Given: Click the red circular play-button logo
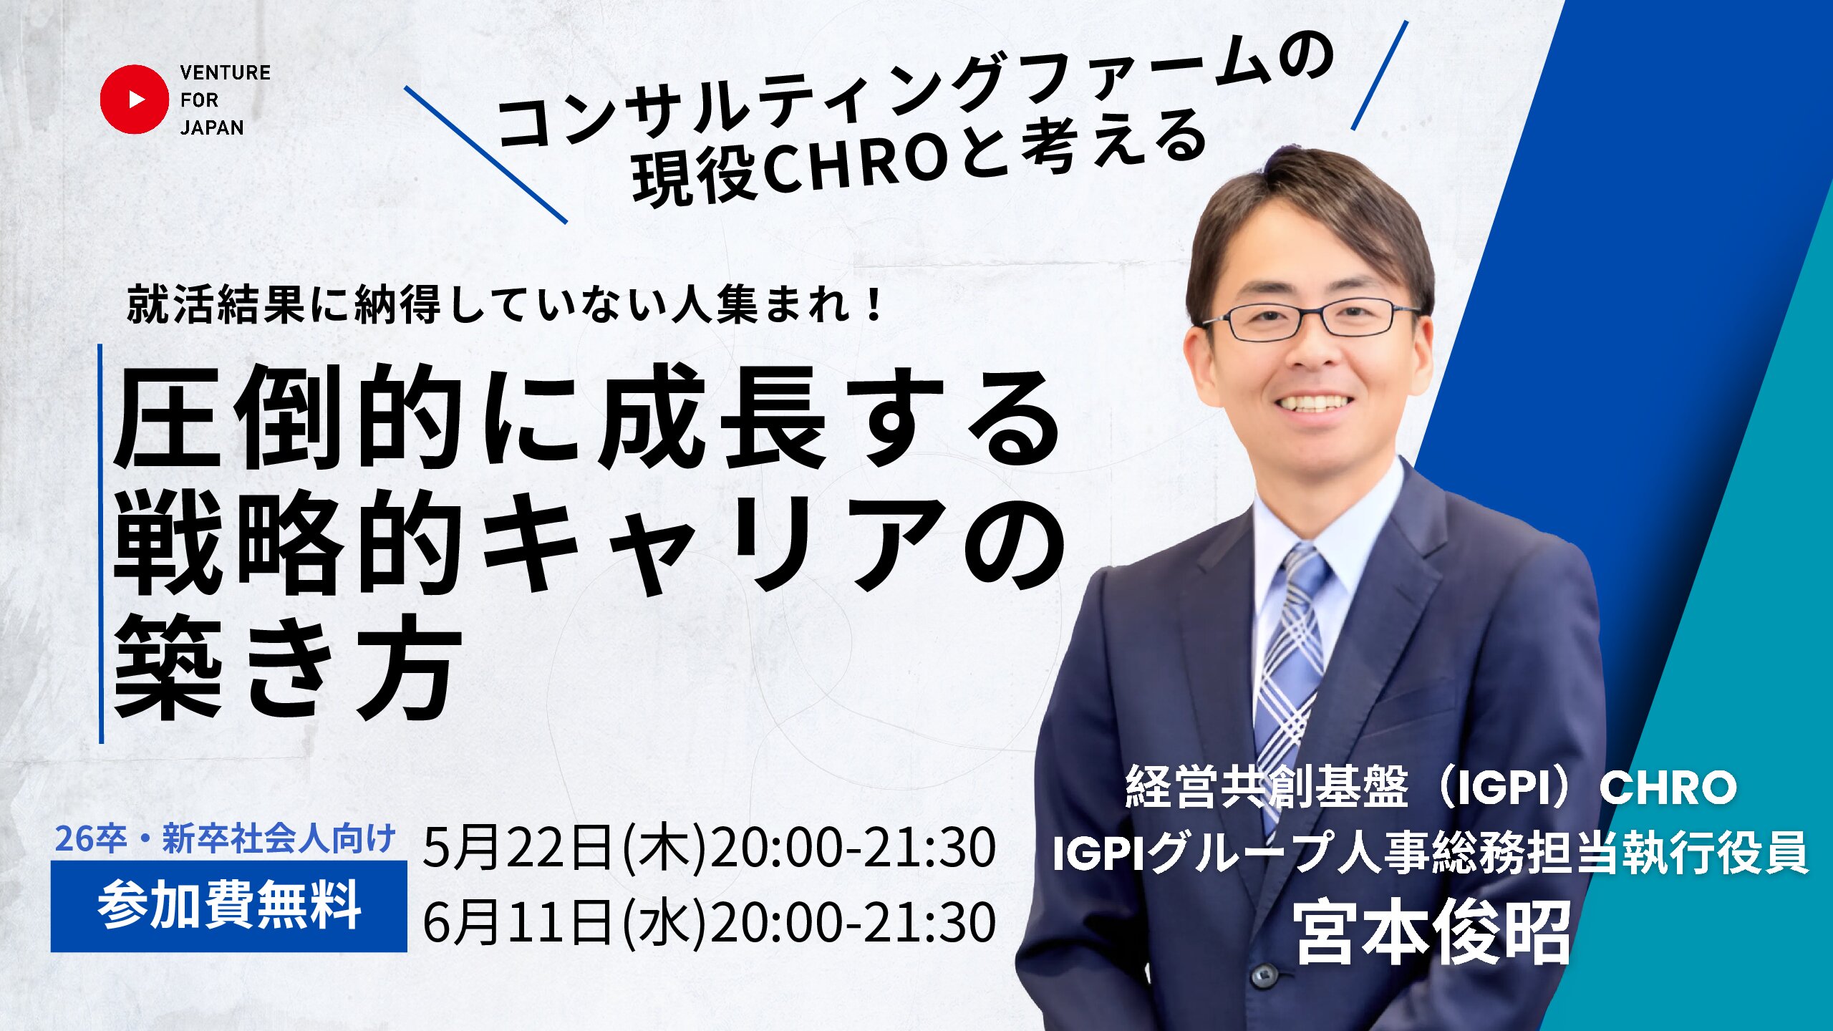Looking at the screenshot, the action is [134, 100].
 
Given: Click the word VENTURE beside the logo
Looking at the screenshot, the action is [226, 73].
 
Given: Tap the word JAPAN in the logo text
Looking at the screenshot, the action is [212, 127].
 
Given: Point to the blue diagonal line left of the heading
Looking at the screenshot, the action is [485, 155].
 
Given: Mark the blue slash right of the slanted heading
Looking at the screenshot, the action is [1380, 75].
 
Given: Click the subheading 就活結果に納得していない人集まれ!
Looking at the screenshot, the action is [504, 305].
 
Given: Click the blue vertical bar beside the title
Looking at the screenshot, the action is [101, 543].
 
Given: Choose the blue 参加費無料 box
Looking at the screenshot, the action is [229, 906].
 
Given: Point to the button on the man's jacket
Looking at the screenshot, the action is [1264, 974].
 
